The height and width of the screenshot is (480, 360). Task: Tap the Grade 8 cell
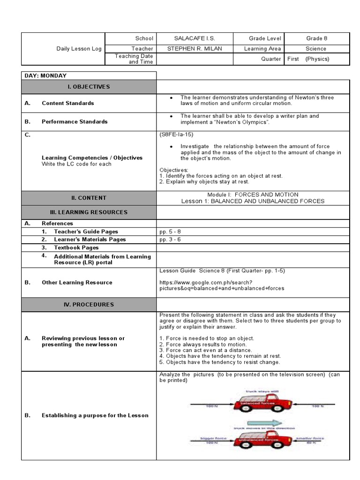point(315,38)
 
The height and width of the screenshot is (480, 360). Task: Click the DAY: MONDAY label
point(45,75)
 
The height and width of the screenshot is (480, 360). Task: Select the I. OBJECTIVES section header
point(89,87)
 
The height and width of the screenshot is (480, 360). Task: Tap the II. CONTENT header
point(89,198)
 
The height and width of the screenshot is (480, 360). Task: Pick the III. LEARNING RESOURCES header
point(89,212)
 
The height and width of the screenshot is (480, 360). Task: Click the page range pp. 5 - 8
point(170,232)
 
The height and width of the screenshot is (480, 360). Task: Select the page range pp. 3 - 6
point(170,240)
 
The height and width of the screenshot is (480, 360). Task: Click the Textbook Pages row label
point(76,247)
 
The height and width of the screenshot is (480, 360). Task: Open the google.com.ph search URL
point(221,285)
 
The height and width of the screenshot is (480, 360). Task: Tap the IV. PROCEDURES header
point(89,305)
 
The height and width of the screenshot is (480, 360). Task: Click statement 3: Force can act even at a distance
point(206,350)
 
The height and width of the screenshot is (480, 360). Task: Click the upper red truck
point(261,403)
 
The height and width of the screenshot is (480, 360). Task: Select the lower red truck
point(261,440)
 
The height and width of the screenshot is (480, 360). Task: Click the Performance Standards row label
point(74,121)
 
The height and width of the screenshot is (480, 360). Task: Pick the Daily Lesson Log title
point(79,49)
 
